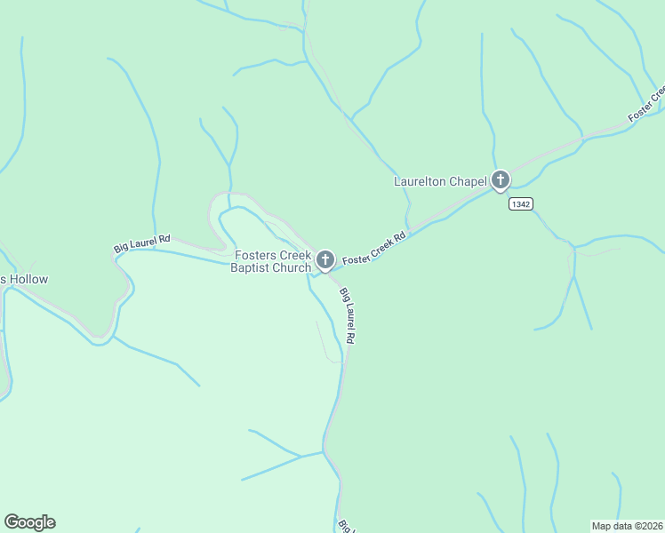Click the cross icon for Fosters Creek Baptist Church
pos(325,259)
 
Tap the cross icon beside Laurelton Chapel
pos(501,181)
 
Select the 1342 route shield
pos(521,204)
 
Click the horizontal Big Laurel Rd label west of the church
pos(142,243)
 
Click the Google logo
pos(30,522)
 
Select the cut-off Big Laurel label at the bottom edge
pos(344,526)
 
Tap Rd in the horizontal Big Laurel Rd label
pos(164,240)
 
